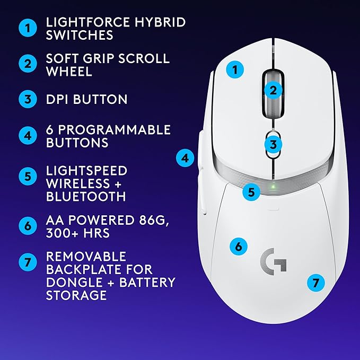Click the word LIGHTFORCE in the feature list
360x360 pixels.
pyautogui.click(x=84, y=22)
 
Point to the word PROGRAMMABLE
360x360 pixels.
pyautogui.click(x=115, y=130)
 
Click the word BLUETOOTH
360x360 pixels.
pyautogui.click(x=86, y=197)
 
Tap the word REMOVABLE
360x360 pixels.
pyautogui.click(x=86, y=257)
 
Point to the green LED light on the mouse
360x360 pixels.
pyautogui.click(x=272, y=187)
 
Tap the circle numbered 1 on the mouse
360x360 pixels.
pyautogui.click(x=235, y=69)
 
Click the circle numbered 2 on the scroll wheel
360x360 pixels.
pyautogui.click(x=273, y=90)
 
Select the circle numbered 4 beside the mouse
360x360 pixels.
pyautogui.click(x=185, y=157)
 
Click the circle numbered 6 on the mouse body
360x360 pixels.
pyautogui.click(x=239, y=246)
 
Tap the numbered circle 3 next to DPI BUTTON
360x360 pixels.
pyautogui.click(x=27, y=99)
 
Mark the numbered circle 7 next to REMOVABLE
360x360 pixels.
pyautogui.click(x=27, y=262)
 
